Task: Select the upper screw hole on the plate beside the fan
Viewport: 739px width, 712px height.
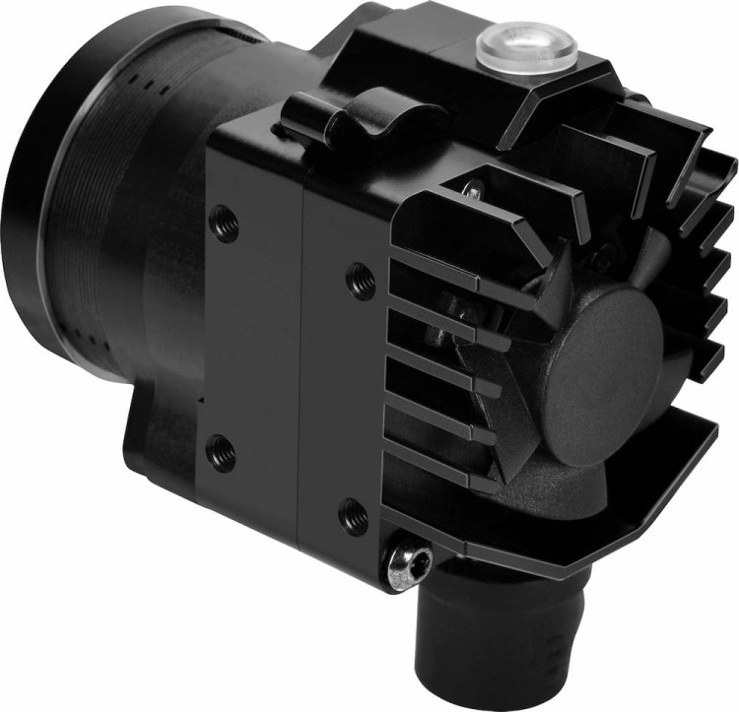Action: [361, 281]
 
